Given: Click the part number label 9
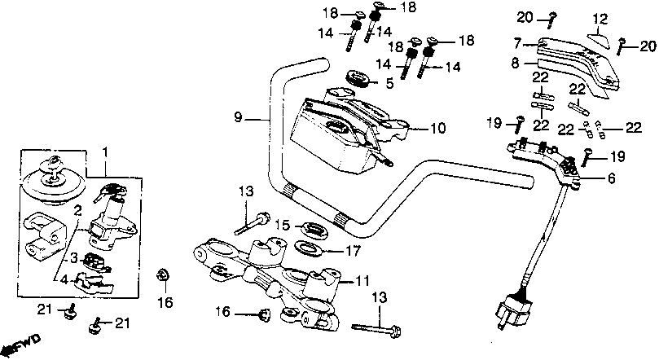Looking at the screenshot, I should click(239, 117).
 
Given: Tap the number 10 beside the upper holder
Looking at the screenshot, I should click(437, 128).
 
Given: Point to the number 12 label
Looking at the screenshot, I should click(600, 18).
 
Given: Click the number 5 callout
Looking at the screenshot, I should click(389, 82).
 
